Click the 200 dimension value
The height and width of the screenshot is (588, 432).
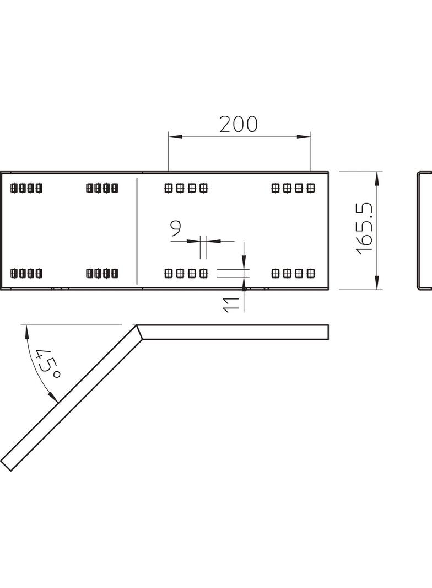(238, 124)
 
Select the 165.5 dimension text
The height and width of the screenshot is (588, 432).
(365, 229)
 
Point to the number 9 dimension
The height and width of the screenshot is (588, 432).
(175, 228)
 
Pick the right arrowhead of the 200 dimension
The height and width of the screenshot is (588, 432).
(304, 136)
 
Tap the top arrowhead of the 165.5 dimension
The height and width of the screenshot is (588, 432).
(377, 179)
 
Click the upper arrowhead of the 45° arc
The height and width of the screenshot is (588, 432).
(26, 332)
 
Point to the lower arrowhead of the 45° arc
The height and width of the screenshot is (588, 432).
(53, 397)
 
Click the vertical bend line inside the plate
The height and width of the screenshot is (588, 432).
(137, 231)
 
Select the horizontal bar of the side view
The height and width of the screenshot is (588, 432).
(233, 332)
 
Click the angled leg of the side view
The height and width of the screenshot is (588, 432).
(71, 398)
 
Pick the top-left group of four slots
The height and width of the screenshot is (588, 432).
(26, 188)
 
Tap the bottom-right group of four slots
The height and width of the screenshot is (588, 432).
(293, 274)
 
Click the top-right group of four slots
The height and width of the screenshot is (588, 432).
(293, 188)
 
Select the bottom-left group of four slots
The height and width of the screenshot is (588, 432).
(26, 274)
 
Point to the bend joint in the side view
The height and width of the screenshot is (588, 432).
(139, 332)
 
